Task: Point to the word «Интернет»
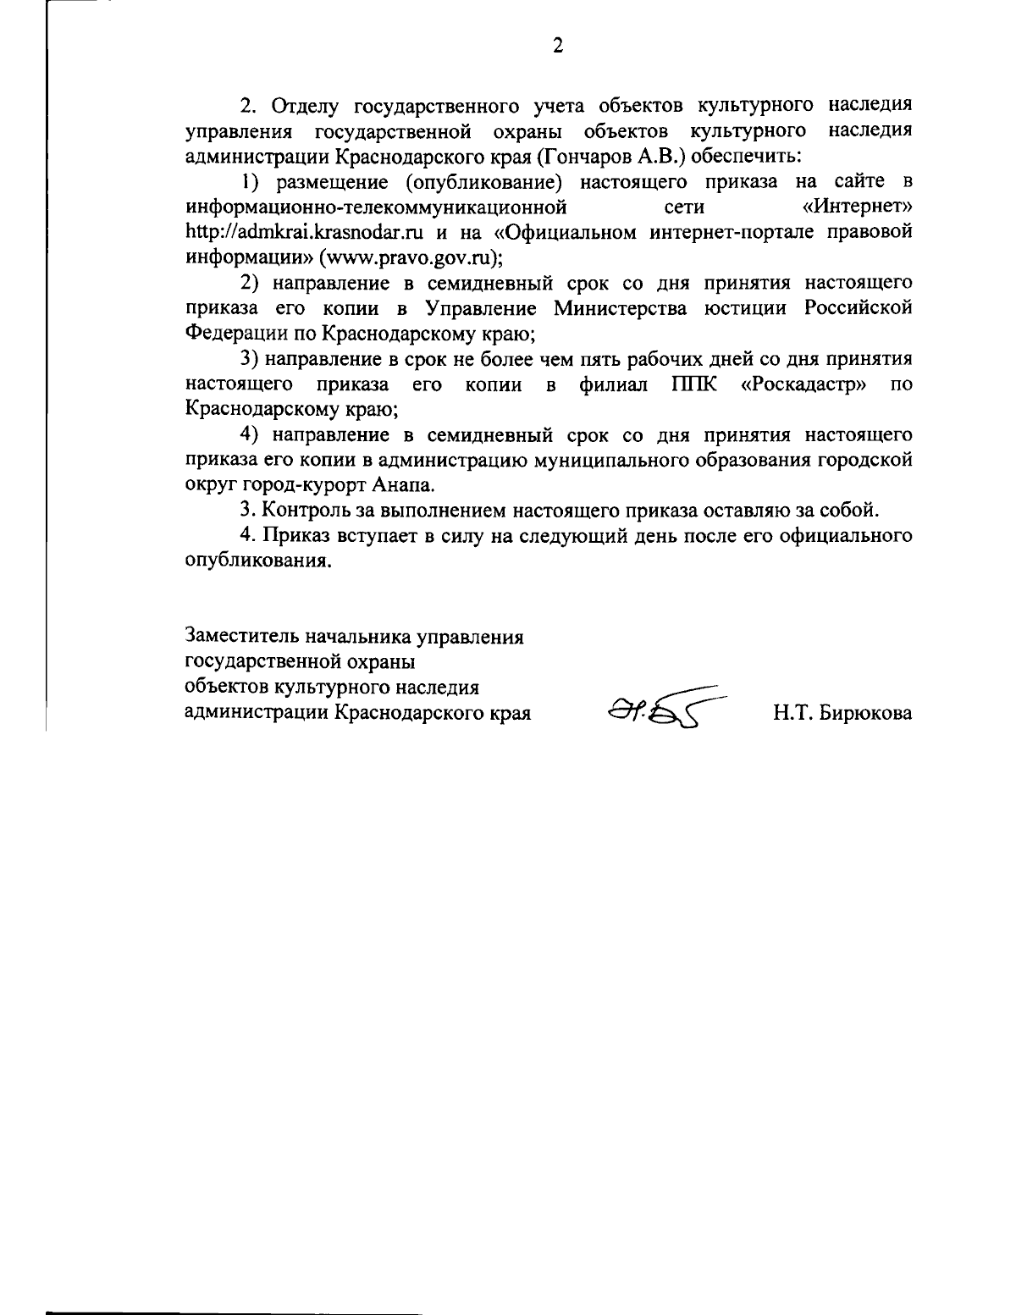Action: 857,207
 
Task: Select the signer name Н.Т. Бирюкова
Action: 842,713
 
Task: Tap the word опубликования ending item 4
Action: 256,561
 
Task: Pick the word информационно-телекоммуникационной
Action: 375,207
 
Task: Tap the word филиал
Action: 614,384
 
